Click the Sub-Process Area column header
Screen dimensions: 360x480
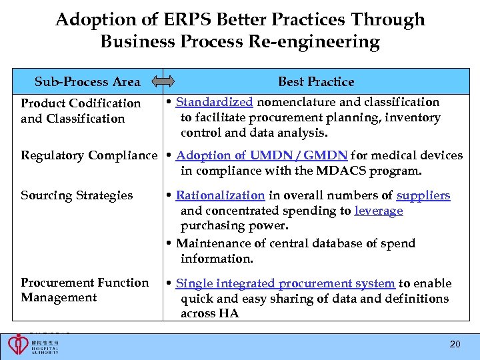(87, 82)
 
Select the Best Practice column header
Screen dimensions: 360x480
(316, 82)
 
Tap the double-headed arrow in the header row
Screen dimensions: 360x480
(163, 82)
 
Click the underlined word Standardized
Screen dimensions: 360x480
(214, 103)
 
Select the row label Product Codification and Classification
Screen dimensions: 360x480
(81, 111)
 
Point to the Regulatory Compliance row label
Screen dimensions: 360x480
(89, 155)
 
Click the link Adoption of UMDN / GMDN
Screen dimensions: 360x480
(261, 155)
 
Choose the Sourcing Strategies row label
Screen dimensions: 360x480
(77, 195)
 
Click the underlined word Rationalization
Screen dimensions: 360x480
(220, 195)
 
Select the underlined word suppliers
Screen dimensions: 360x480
(423, 195)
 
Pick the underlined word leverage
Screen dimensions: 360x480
(379, 211)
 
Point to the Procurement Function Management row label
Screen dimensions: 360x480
(85, 290)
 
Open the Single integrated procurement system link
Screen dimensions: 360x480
(285, 283)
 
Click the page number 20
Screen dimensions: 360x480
(455, 345)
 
